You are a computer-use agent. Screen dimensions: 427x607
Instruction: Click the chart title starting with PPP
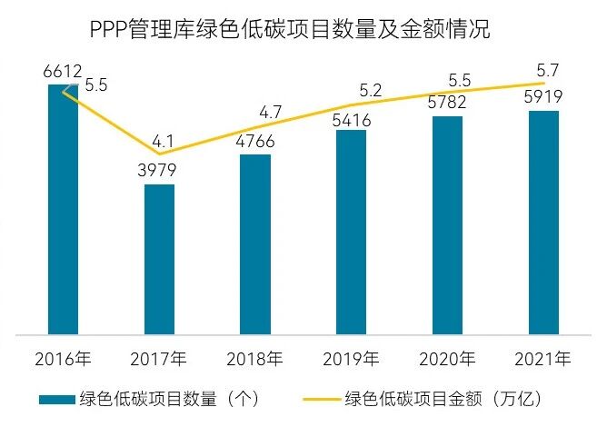coord(290,30)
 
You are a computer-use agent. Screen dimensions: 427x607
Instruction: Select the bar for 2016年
coord(63,209)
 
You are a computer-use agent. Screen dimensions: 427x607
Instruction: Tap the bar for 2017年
coord(159,259)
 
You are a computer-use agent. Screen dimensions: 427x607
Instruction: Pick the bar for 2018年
coord(255,243)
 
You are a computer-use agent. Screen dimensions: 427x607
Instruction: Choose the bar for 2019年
coord(351,232)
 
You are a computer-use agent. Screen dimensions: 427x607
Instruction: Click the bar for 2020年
coord(447,224)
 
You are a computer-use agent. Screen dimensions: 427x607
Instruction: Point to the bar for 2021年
coord(543,222)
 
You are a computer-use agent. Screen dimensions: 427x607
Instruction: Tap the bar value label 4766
coord(255,142)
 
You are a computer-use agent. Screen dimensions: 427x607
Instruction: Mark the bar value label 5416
coord(351,118)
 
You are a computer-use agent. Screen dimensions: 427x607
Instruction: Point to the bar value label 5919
coord(543,98)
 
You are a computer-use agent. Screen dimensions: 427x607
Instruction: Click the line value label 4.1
coord(164,141)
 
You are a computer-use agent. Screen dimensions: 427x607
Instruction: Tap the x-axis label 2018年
coord(255,359)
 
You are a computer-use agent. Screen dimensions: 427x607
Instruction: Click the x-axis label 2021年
coord(543,359)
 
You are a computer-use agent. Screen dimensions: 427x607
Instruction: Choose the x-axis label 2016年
coord(63,359)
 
